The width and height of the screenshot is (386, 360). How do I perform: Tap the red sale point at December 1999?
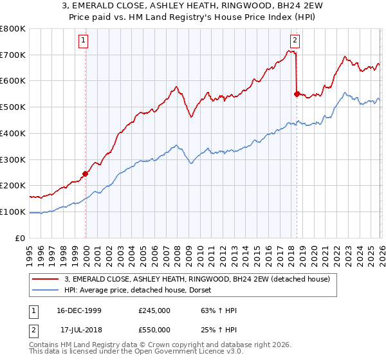tap(85, 174)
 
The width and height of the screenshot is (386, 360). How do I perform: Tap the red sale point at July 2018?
tap(297, 94)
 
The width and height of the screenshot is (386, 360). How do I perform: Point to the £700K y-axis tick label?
tap(13, 55)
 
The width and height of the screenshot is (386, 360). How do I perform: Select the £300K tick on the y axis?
tap(13, 159)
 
